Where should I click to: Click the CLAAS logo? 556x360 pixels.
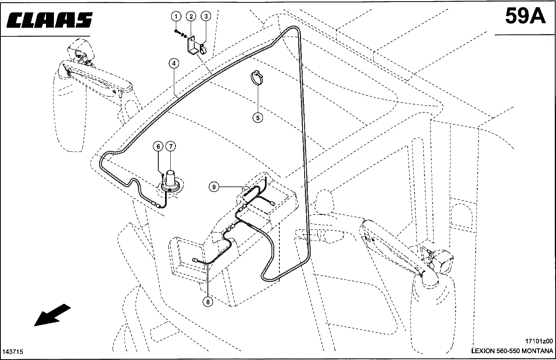[x=50, y=20]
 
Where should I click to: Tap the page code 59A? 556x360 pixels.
[x=525, y=16]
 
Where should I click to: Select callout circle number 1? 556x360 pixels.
[x=176, y=17]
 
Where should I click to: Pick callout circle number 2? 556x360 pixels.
[x=191, y=17]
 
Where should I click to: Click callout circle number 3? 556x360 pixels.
[x=206, y=16]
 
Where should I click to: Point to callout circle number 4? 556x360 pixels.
[x=174, y=63]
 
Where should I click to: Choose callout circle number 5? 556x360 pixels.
[x=258, y=118]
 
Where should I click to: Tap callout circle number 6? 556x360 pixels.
[x=158, y=146]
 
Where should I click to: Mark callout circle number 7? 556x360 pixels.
[x=171, y=146]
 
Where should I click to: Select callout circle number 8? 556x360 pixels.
[x=208, y=302]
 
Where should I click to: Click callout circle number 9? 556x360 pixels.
[x=214, y=186]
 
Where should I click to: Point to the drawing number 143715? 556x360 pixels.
[x=13, y=352]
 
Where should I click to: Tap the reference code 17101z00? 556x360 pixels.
[x=539, y=341]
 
